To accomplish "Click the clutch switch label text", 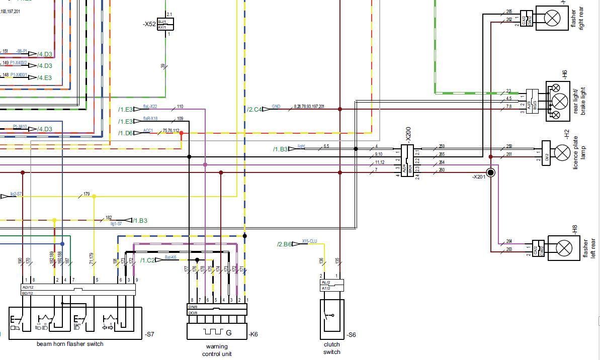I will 331,348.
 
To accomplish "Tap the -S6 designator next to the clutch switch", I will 351,334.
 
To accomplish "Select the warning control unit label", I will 217,350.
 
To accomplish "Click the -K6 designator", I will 253,334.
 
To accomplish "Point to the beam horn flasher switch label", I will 70,344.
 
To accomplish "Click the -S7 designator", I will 150,334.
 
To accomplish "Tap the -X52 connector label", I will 150,24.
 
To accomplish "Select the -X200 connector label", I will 408,135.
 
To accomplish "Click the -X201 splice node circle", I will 491,172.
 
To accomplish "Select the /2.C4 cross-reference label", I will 254,109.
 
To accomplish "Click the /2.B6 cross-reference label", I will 284,244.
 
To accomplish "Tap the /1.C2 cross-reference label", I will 147,260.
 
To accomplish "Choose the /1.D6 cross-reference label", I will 125,133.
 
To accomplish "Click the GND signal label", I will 276,107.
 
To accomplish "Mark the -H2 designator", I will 566,135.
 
